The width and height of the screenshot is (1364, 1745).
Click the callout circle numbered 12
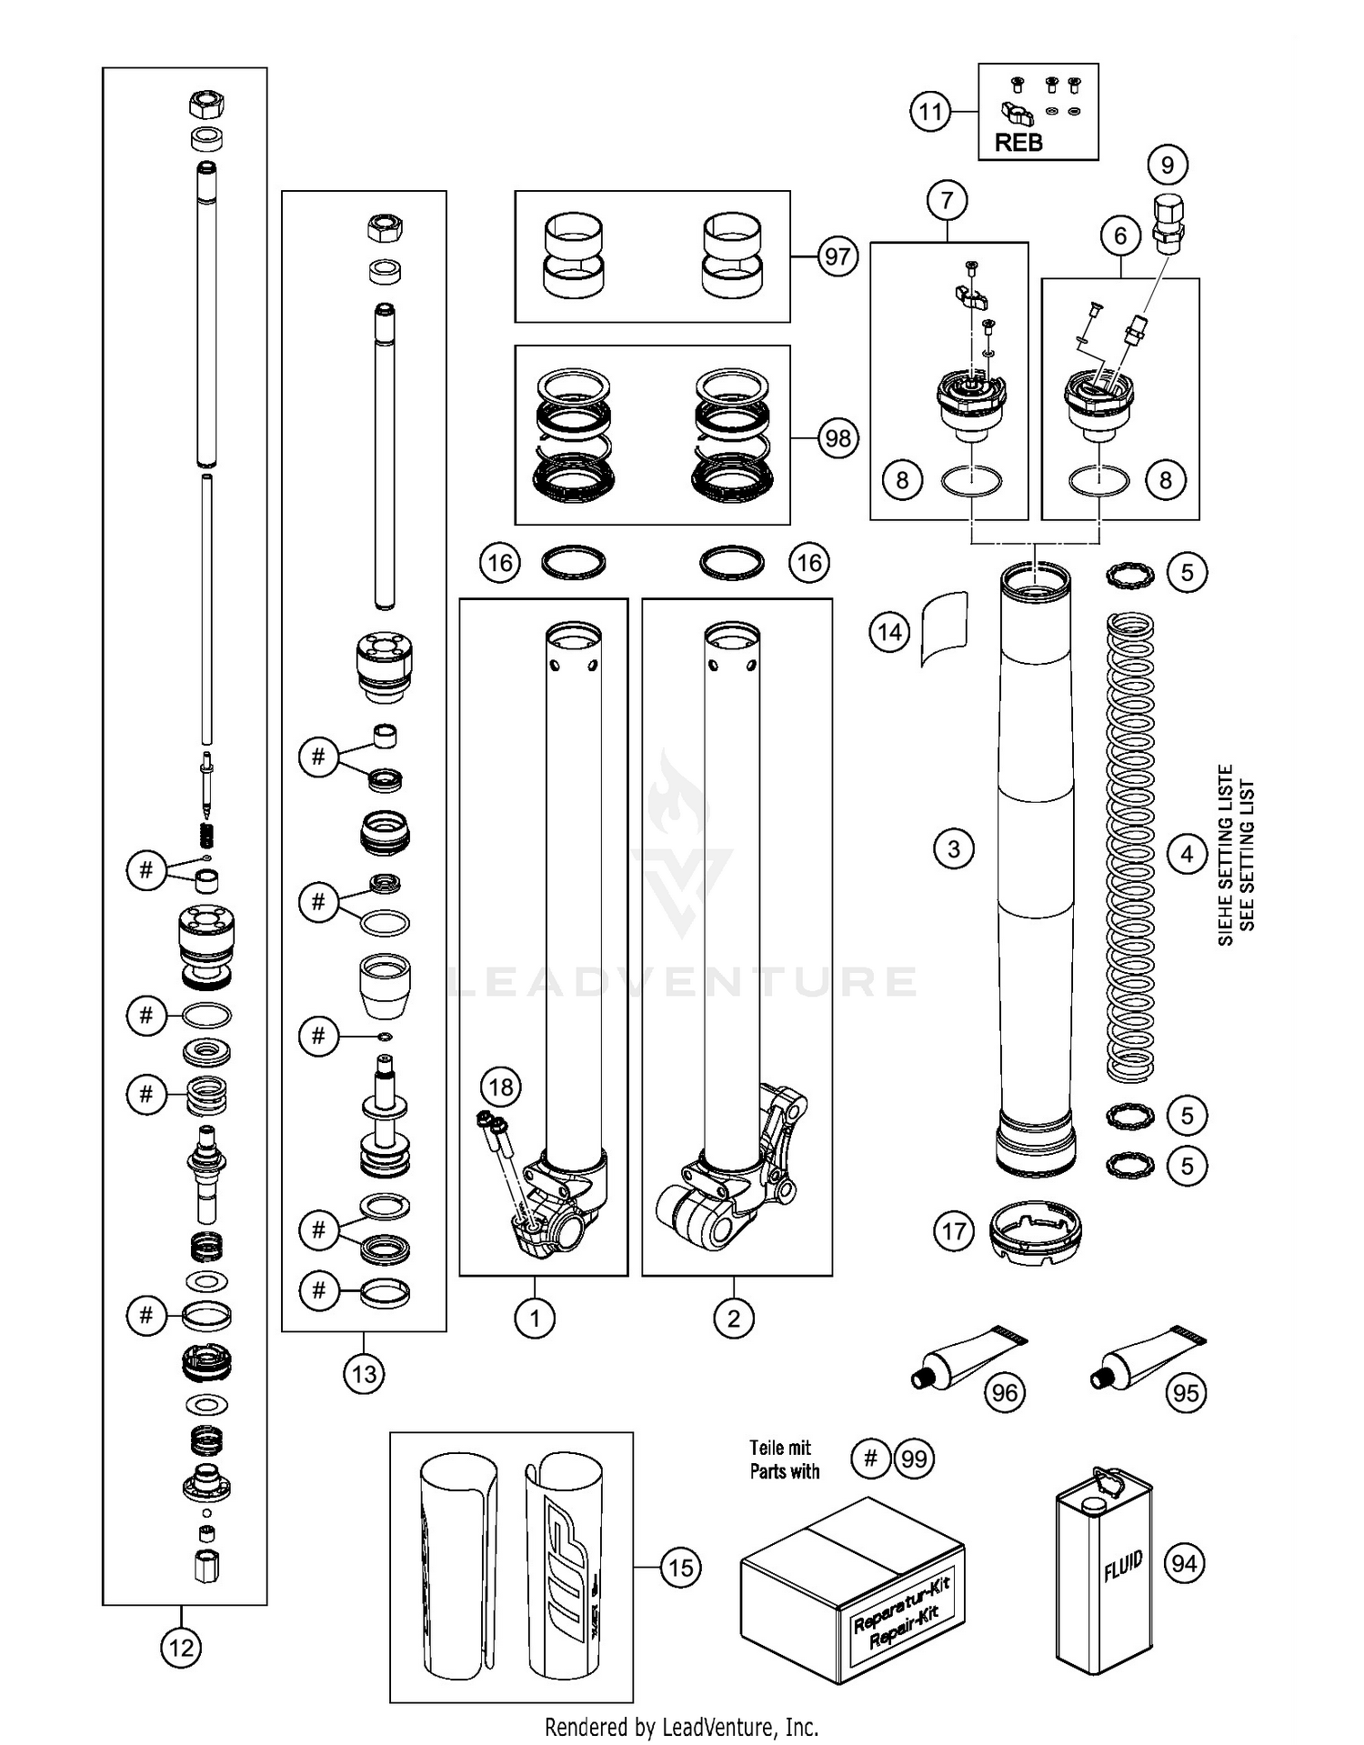(x=181, y=1647)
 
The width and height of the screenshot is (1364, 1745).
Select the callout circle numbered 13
(x=364, y=1373)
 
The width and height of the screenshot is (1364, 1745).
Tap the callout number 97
(x=837, y=256)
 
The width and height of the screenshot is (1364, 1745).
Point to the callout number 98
(x=837, y=438)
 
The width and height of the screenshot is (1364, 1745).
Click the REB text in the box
(x=1018, y=143)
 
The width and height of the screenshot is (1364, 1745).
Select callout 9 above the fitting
(x=1168, y=165)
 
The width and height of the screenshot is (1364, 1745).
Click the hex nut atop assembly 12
(x=206, y=105)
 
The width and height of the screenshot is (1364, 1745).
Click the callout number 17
(x=954, y=1231)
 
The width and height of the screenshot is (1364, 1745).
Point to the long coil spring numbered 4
(x=1130, y=846)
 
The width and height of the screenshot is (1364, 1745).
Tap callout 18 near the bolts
(x=501, y=1087)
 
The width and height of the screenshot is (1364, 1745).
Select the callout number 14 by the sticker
(x=889, y=631)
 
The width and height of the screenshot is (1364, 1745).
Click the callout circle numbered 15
(x=680, y=1568)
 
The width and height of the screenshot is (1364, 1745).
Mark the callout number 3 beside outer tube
(x=954, y=849)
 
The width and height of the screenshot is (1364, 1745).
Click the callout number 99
(x=914, y=1459)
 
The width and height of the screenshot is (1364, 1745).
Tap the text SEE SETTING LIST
(x=1248, y=855)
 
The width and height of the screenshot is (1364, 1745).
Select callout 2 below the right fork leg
(x=734, y=1318)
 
